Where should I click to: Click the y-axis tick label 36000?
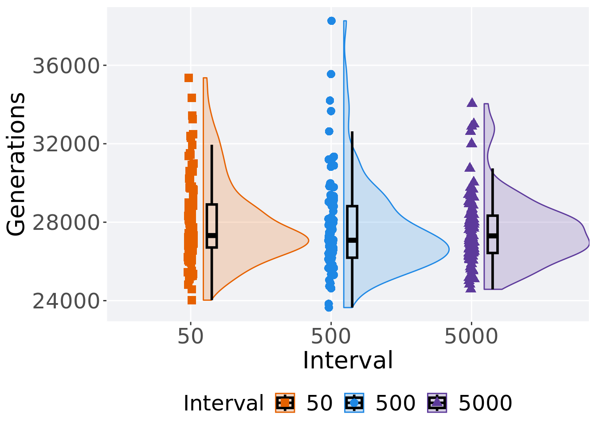point(65,66)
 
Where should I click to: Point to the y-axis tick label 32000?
point(65,144)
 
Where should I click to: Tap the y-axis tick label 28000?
point(65,223)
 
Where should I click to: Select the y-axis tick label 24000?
point(65,301)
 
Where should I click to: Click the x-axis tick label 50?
point(190,337)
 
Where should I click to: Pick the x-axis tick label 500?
point(331,337)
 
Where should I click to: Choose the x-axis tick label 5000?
point(471,337)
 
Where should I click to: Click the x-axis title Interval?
point(348,360)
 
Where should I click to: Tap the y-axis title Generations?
point(16,164)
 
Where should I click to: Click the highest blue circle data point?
point(331,21)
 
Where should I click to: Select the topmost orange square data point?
point(188,78)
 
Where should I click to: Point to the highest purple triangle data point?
point(472,103)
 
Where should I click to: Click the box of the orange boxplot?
point(212,225)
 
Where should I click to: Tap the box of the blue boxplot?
point(352,231)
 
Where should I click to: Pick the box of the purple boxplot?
point(493,234)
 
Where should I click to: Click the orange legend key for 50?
point(285,403)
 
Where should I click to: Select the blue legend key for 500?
point(354,403)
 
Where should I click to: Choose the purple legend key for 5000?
point(437,403)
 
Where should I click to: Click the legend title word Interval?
point(223,403)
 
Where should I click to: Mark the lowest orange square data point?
point(192,300)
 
